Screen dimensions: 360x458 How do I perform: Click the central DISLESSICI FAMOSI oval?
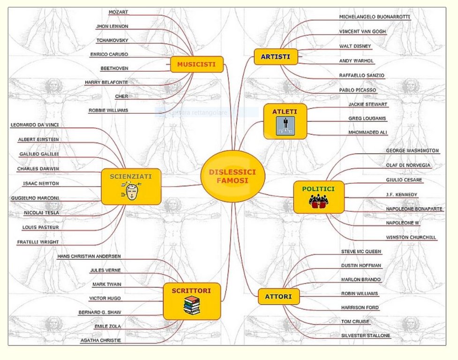[x=233, y=176]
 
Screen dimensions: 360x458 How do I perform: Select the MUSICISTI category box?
[x=196, y=64]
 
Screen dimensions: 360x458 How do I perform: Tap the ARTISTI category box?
[x=276, y=57]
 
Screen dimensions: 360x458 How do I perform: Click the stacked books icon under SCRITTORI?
[x=191, y=306]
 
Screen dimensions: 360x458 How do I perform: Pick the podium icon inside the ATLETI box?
[x=285, y=126]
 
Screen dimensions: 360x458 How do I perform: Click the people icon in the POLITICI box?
[x=318, y=201]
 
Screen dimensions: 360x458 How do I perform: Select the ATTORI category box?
[x=278, y=297]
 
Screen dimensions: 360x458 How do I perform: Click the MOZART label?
[x=118, y=12]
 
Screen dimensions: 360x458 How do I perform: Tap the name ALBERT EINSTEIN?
[x=38, y=139]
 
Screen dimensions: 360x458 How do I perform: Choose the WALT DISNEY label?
[x=355, y=46]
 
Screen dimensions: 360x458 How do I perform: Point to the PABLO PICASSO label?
[x=358, y=90]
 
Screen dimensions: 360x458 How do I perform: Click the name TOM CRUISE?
[x=355, y=322]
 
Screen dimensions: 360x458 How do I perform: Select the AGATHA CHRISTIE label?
[x=100, y=340]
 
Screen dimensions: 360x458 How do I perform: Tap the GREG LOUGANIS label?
[x=367, y=118]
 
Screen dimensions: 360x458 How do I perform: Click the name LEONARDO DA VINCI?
[x=38, y=125]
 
